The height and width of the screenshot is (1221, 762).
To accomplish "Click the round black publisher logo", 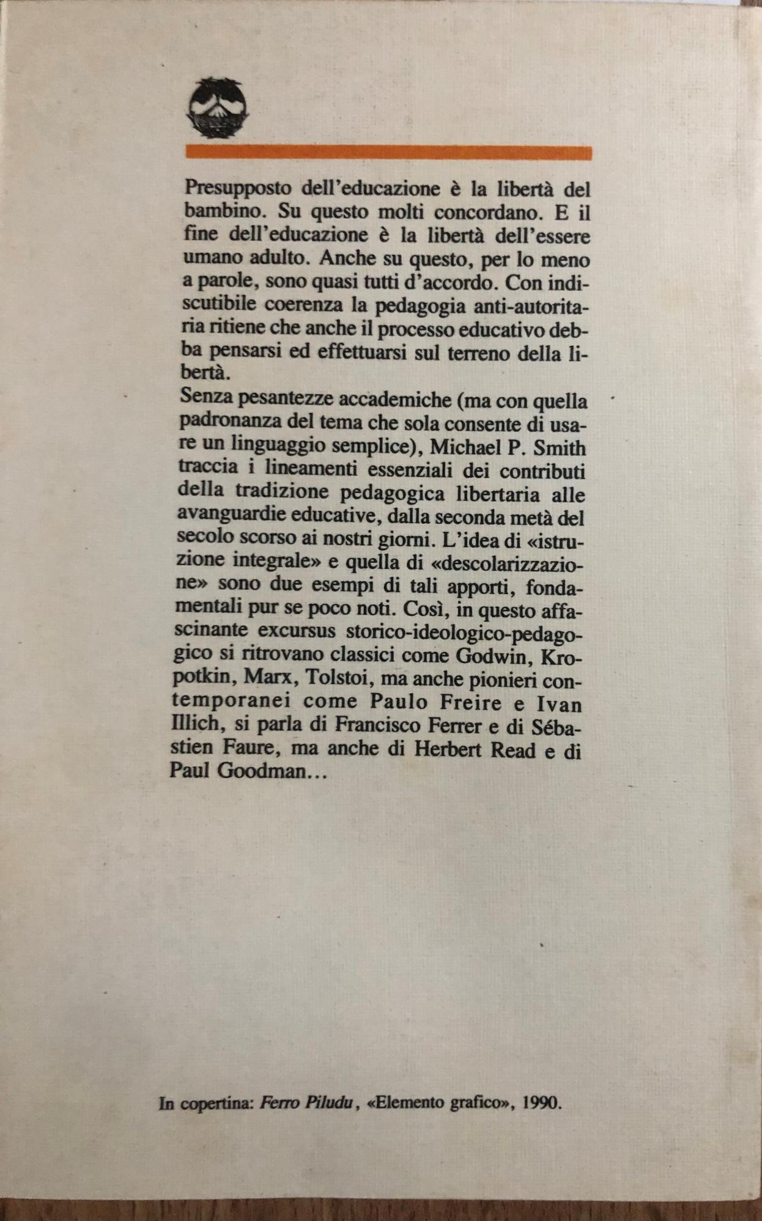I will (x=217, y=108).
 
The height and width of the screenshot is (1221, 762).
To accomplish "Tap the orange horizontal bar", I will (x=388, y=152).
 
